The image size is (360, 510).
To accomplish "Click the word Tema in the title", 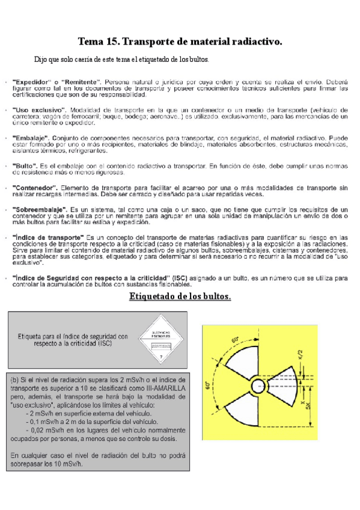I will [91, 41].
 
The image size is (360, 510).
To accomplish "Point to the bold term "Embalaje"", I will [34, 138].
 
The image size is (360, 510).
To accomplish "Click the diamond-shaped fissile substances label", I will [160, 340].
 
